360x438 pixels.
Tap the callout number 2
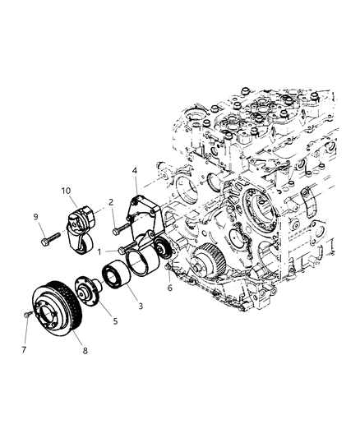tap(110, 201)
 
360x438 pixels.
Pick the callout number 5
tap(115, 321)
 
